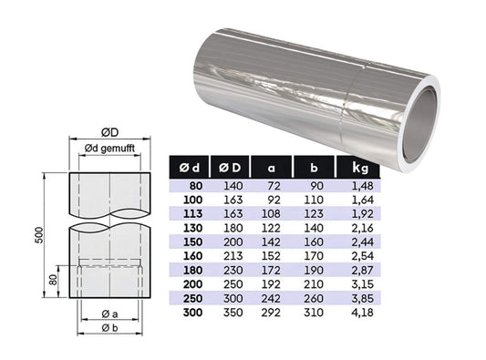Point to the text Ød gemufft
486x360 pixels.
pos(109,149)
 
